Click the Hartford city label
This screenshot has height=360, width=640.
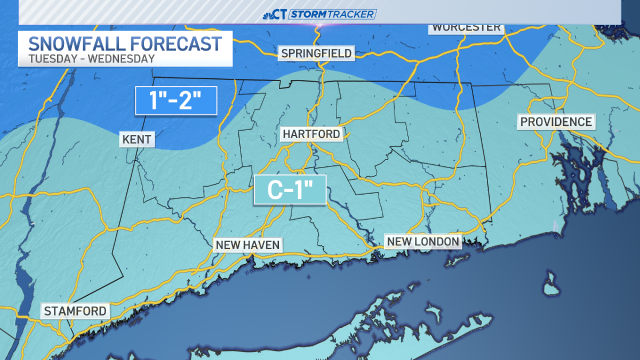pos(311,134)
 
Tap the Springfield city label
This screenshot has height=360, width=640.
pos(316,53)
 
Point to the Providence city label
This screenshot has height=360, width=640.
pos(556,122)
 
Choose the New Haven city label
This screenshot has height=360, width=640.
pos(247,245)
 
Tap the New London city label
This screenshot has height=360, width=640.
pos(423,242)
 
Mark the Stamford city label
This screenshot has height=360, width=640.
pos(75,311)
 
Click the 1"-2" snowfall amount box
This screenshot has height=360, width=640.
pos(175,100)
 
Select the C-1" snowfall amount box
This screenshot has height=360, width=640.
pos(290,189)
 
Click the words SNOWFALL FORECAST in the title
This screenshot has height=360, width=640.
pos(125,43)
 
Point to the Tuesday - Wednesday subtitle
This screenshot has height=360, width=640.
pos(92,58)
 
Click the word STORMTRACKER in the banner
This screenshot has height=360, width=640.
pos(333,14)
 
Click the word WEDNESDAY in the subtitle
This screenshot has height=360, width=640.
pos(122,58)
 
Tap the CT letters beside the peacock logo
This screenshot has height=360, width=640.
pos(281,14)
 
